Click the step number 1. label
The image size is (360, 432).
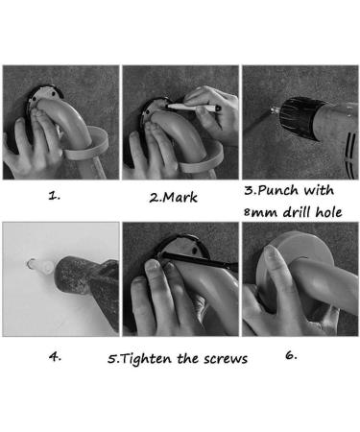tap(54, 196)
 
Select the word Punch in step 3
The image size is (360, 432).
tap(277, 190)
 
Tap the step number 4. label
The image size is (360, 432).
tap(55, 356)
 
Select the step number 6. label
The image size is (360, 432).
tap(291, 355)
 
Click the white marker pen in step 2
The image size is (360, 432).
tap(192, 108)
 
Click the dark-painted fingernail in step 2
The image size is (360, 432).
tap(218, 108)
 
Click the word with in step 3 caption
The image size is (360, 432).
tap(319, 190)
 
